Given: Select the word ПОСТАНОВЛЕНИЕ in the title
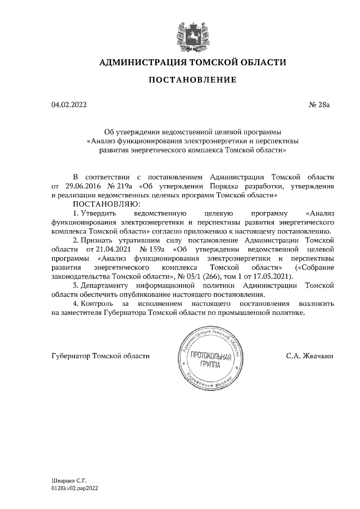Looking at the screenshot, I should tap(192, 81).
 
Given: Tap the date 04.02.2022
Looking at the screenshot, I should tap(69, 105).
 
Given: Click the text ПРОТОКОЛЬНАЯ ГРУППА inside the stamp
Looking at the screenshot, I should tap(208, 360).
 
